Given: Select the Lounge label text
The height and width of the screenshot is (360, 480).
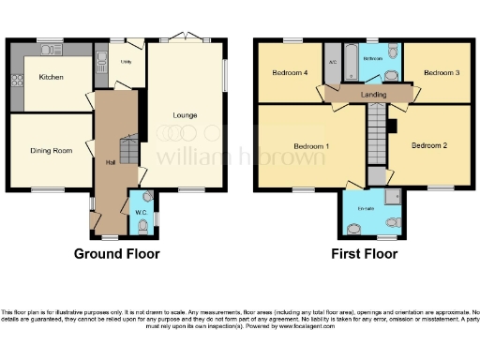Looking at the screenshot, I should pos(185,115).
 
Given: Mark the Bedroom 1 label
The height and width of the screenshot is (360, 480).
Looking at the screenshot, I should pos(311,146).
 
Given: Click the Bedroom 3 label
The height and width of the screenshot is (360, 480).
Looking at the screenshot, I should pos(439,72).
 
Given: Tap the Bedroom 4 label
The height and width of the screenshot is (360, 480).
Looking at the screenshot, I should pos(290,72).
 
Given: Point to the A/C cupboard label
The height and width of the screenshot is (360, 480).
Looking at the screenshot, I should pos(333,63).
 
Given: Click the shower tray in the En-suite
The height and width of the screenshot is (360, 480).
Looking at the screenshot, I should pos(393,196).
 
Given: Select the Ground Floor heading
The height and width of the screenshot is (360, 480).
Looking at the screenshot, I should pos(116,253).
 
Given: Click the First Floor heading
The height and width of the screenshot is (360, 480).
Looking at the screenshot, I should pos(365,253).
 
